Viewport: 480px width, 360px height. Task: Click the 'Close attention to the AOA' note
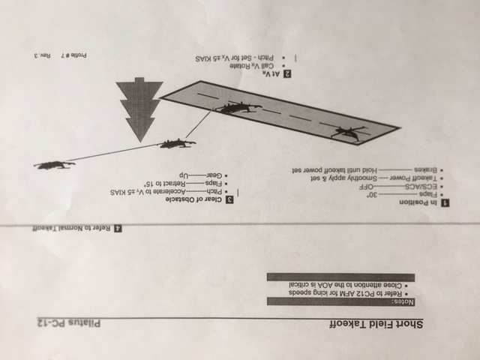click(341, 285)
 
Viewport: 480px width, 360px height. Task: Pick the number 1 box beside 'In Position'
click(445, 203)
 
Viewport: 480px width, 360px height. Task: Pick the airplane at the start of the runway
click(346, 133)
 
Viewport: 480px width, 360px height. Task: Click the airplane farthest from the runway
click(54, 163)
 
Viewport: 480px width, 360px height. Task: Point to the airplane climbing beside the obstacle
click(176, 142)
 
